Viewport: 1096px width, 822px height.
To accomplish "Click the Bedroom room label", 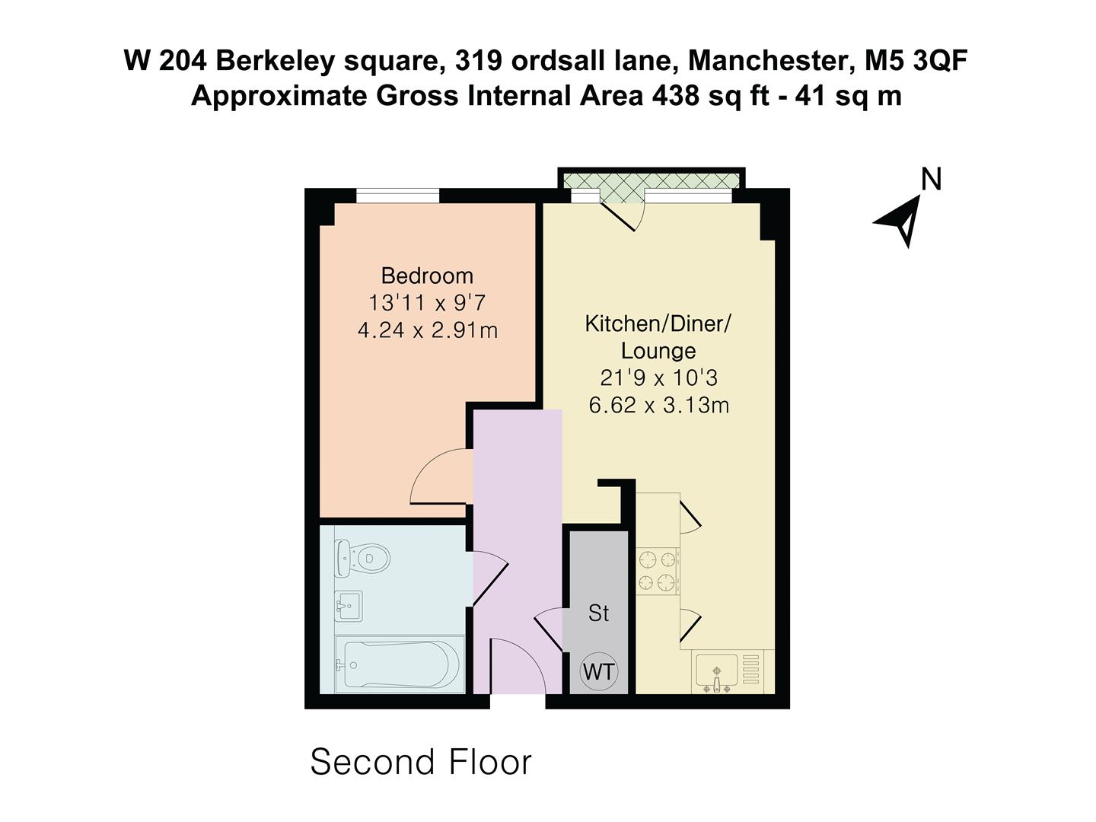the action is tap(427, 276).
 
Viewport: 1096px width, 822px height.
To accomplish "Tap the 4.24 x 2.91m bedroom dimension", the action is tap(428, 330).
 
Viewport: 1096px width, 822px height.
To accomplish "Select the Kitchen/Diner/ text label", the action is tap(658, 324).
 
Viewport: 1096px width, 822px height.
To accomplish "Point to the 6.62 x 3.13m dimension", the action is tap(658, 405).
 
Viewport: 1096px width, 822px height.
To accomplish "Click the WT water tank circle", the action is tap(599, 671).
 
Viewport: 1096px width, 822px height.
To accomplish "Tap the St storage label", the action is tap(599, 613).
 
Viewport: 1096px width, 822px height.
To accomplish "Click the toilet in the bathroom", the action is tap(363, 558).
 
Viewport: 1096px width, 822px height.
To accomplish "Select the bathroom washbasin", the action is tap(349, 606).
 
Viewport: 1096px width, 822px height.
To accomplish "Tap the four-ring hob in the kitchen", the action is tap(658, 571).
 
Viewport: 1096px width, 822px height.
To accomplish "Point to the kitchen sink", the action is tap(716, 673).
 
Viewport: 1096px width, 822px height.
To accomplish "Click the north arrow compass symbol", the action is tap(900, 220).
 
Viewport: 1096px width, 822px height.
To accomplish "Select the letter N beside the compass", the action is tap(932, 179).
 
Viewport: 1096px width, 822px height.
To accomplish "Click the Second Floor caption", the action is tap(421, 762).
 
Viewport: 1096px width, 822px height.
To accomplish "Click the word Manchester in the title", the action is tap(769, 61).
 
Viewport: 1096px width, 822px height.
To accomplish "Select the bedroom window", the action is tap(397, 196).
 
